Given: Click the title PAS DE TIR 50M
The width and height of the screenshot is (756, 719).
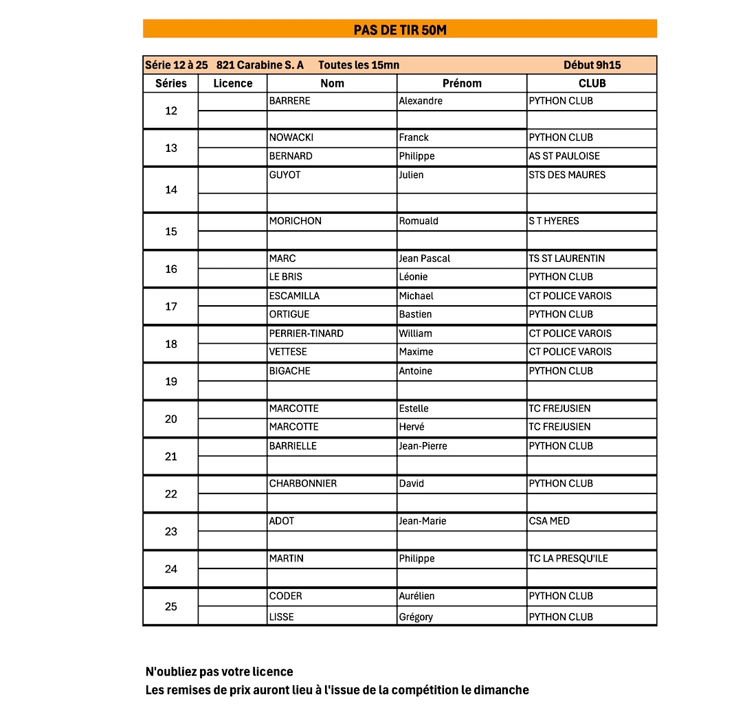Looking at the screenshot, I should click(x=400, y=29).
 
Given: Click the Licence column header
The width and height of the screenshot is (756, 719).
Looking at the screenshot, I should click(x=233, y=83).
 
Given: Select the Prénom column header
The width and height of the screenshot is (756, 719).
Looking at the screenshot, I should click(x=462, y=83).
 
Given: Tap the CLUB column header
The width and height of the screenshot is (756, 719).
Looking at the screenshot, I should click(x=592, y=83).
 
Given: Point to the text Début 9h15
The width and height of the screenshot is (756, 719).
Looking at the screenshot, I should click(x=592, y=65).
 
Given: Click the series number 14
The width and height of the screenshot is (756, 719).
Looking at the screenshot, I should click(x=171, y=190).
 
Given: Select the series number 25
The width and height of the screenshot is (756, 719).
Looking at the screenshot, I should click(x=171, y=606).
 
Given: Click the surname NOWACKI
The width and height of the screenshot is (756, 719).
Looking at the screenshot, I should click(x=291, y=137).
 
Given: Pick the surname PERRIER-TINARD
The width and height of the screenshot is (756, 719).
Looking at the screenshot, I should click(x=307, y=333).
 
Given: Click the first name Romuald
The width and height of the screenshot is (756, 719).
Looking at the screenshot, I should click(x=419, y=221).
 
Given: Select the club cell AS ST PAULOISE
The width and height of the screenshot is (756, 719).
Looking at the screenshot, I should click(x=564, y=156).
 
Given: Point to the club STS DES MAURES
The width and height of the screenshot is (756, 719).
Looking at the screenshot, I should click(x=567, y=175).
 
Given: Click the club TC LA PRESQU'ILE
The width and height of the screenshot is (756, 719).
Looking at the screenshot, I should click(x=568, y=558).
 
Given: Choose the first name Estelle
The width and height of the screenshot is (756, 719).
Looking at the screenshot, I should click(x=414, y=408).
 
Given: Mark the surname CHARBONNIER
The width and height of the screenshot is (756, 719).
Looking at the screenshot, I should click(x=303, y=483).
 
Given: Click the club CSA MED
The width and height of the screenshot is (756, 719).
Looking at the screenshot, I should click(x=549, y=521).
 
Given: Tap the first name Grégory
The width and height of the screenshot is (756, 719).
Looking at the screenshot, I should click(x=416, y=617).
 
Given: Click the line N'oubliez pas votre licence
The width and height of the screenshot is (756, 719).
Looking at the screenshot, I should click(x=219, y=672).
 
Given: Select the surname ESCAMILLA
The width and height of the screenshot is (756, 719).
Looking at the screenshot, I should click(x=294, y=296).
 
